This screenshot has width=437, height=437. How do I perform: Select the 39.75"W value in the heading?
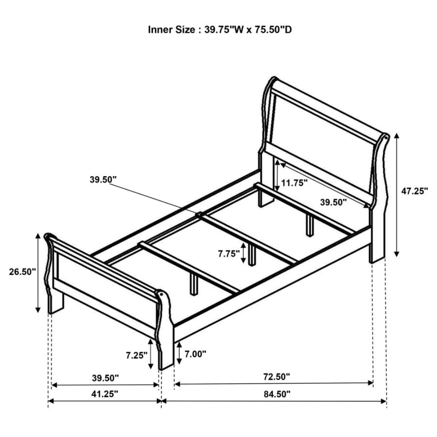(220, 30)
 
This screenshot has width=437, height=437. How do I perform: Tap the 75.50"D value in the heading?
(270, 30)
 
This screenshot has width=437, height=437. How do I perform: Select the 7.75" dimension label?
(229, 253)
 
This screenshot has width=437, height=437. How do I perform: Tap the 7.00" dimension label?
(195, 354)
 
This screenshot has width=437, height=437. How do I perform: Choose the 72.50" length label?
(276, 376)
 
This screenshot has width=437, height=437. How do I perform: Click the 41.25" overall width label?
(105, 394)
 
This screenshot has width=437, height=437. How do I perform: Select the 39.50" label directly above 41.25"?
(105, 377)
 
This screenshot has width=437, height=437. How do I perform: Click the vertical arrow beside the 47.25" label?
(397, 195)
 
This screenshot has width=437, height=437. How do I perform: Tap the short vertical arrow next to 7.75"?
(243, 253)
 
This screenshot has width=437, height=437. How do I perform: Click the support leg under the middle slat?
(252, 256)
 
